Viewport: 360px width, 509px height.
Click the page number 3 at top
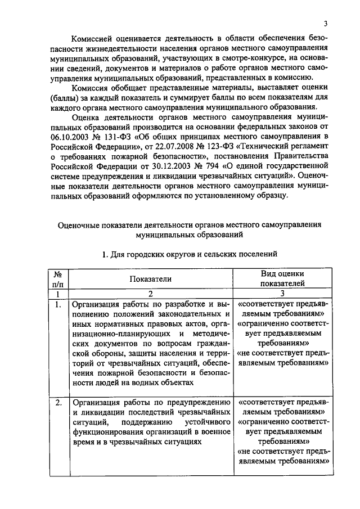click(x=325, y=23)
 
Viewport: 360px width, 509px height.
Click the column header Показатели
click(x=150, y=278)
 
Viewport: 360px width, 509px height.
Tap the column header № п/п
click(x=57, y=278)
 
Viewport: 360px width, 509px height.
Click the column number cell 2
click(x=150, y=294)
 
